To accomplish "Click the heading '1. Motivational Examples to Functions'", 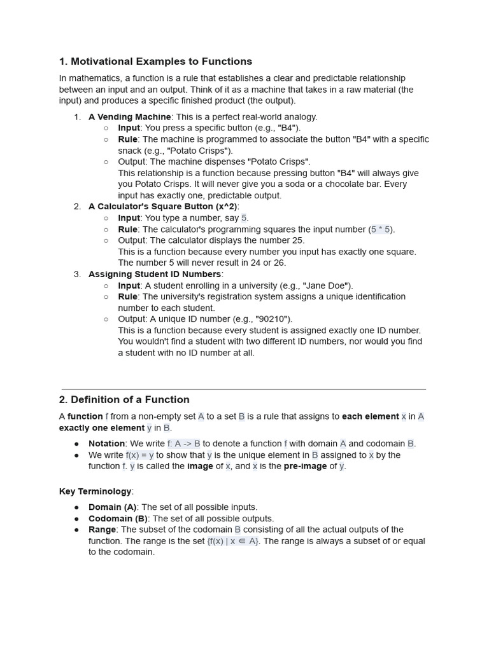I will coord(155,62).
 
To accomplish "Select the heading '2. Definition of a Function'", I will coord(124,400).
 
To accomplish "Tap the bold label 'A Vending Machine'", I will coord(129,117).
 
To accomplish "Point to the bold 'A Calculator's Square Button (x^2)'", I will coord(163,207).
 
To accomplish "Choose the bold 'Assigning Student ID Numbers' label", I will coord(155,274).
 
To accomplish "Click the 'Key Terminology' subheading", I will coord(95,491).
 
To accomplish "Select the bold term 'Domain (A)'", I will coord(113,507).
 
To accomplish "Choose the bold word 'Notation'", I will coord(106,444).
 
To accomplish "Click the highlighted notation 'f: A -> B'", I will coord(184,444).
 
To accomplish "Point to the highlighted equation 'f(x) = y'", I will coord(139,455).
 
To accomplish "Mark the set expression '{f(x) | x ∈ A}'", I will coord(233,541).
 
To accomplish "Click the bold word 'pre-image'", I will coord(304,466).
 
